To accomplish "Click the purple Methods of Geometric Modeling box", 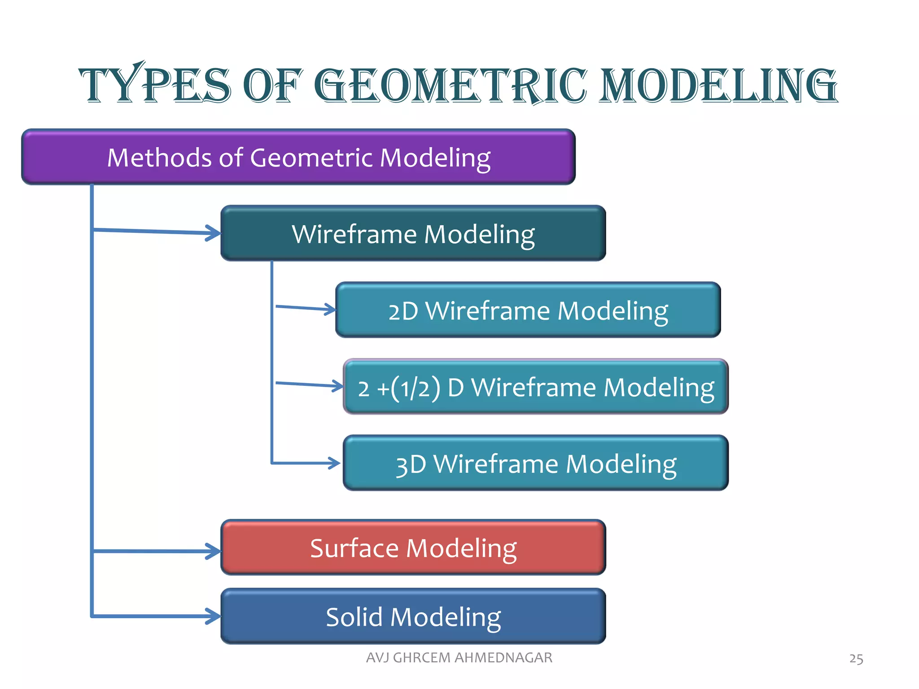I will pos(298,157).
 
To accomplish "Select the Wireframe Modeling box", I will pos(413,233).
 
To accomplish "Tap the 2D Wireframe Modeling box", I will pos(528,310).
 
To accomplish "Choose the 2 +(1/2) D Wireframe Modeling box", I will pos(535,387).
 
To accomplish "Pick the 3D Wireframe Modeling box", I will pos(535,463).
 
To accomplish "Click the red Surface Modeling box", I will pos(413,547).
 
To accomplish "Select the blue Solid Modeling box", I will pos(413,616).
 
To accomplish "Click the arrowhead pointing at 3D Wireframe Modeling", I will pos(334,463).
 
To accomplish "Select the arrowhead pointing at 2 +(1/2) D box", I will pos(337,386).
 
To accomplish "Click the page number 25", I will pos(856,658).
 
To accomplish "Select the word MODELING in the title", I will pos(718,85).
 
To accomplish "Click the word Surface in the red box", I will pos(354,548).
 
